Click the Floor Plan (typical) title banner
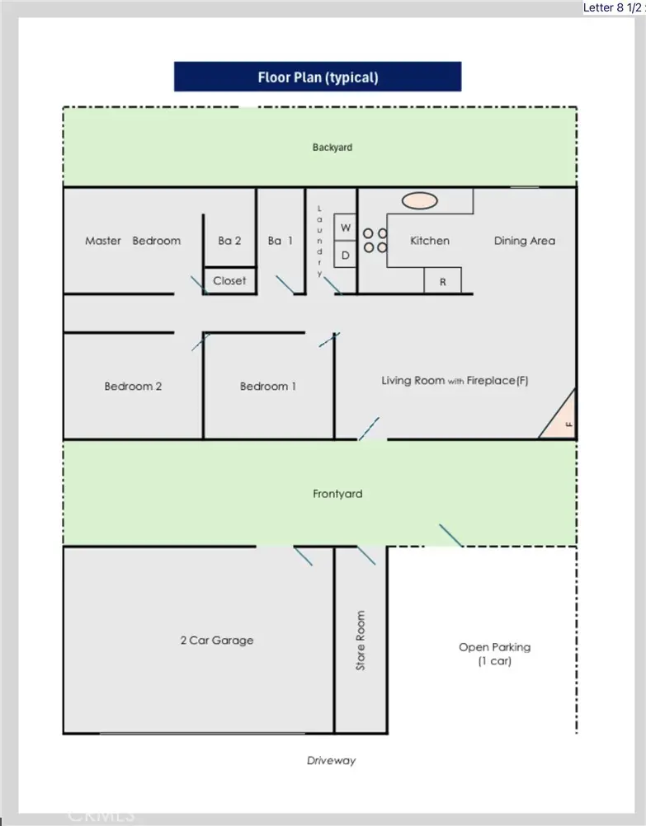pyautogui.click(x=318, y=77)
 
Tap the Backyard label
pyautogui.click(x=332, y=148)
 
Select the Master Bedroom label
pyautogui.click(x=133, y=241)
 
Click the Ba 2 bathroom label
pyautogui.click(x=229, y=241)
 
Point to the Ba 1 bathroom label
pyautogui.click(x=280, y=241)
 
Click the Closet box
pyautogui.click(x=229, y=280)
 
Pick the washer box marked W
pyautogui.click(x=345, y=227)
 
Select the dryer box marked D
pyautogui.click(x=345, y=256)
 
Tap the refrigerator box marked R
pyautogui.click(x=442, y=281)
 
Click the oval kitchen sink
pyautogui.click(x=420, y=200)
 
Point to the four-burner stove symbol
pyautogui.click(x=375, y=241)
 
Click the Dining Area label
pyautogui.click(x=524, y=241)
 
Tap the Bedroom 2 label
pyautogui.click(x=133, y=386)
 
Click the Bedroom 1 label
pyautogui.click(x=268, y=386)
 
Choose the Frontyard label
pyautogui.click(x=337, y=494)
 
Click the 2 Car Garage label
pyautogui.click(x=217, y=641)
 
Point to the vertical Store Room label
pyautogui.click(x=361, y=641)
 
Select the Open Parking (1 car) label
pyautogui.click(x=494, y=654)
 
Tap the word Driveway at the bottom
pyautogui.click(x=331, y=760)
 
